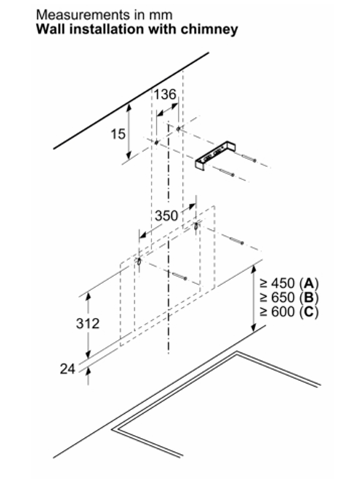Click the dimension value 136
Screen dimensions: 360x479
tap(165, 94)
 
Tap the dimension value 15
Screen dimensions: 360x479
tap(118, 134)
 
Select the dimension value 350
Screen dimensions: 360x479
tap(166, 215)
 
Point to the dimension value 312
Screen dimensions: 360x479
tap(88, 324)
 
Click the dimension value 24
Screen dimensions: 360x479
tap(67, 369)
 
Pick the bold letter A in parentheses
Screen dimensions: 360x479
tap(309, 283)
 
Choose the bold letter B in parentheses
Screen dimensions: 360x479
tap(309, 297)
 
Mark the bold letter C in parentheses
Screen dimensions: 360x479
tap(309, 312)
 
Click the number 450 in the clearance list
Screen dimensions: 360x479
tap(283, 283)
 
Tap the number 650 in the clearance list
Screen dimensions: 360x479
tap(283, 297)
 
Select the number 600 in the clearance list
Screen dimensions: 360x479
tap(283, 312)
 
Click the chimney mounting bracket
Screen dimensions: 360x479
tap(215, 155)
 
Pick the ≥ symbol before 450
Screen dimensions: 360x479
tap(264, 283)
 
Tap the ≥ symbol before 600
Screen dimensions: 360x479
tap(264, 312)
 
